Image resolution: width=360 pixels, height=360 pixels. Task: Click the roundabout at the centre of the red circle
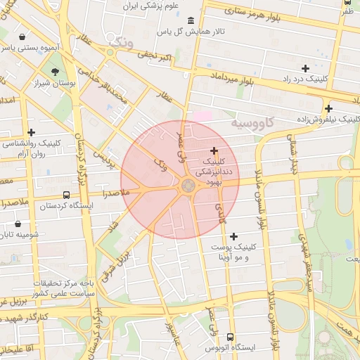click(188, 186)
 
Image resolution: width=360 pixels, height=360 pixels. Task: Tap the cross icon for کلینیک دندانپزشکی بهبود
click(214, 150)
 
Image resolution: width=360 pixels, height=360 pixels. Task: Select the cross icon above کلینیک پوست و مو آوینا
click(233, 236)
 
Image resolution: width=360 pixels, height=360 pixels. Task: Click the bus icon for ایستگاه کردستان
click(66, 195)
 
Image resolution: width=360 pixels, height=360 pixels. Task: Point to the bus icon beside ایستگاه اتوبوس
click(231, 337)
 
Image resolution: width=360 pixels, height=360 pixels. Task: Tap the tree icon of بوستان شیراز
click(56, 72)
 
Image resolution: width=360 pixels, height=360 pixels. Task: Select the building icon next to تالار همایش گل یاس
click(191, 20)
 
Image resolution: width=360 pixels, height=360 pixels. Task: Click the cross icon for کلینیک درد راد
click(304, 68)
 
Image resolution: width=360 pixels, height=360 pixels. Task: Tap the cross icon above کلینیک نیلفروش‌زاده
click(328, 108)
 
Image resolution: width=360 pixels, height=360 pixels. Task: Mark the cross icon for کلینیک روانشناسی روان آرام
click(31, 131)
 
